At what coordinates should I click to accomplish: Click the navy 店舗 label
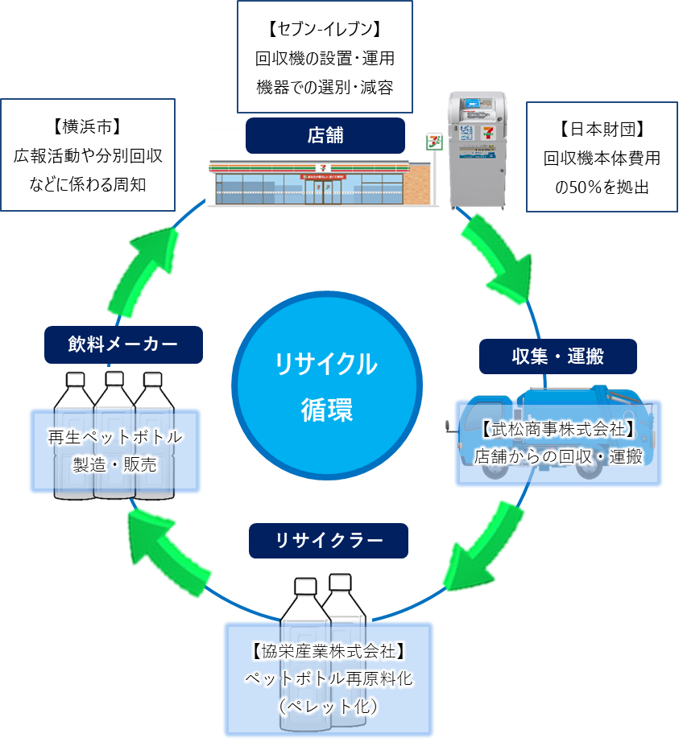point(325,135)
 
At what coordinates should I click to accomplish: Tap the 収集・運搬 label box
point(557,357)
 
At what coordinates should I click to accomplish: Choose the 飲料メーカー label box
point(123,344)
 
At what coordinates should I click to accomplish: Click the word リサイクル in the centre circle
point(326,365)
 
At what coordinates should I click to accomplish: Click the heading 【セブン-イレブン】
point(325,31)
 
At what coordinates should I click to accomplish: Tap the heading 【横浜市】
point(88,127)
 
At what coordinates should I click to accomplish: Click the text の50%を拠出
point(602,187)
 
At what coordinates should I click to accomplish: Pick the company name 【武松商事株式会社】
point(558,429)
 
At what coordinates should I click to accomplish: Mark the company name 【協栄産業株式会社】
point(328,650)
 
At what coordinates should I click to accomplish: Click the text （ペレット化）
point(328,706)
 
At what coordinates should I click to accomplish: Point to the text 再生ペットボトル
point(115,438)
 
